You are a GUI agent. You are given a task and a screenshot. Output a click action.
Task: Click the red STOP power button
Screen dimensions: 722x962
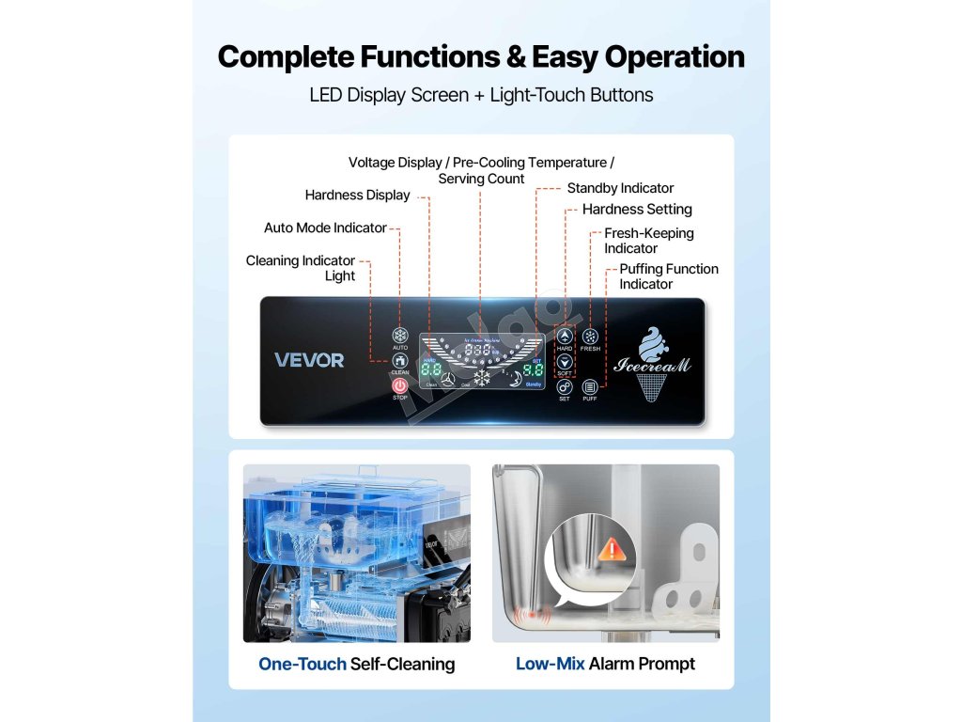(x=399, y=385)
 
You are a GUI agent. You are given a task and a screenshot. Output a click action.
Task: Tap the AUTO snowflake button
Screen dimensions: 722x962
(x=400, y=336)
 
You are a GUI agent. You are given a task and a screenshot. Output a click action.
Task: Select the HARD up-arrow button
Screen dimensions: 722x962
(x=565, y=336)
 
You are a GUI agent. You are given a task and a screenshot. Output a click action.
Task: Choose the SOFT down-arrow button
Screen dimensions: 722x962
(x=565, y=361)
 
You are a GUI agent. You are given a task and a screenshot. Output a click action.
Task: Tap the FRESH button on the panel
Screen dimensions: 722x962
(x=590, y=336)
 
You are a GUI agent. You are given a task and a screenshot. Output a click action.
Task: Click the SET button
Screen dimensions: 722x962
(x=565, y=386)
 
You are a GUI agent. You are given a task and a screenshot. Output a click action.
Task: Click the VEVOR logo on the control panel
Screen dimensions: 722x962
(x=309, y=360)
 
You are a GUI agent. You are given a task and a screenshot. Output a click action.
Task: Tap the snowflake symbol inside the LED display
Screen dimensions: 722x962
(x=482, y=378)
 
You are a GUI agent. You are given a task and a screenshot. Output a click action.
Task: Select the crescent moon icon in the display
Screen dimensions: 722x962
(x=516, y=379)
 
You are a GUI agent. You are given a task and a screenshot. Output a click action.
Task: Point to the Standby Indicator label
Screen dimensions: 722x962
(x=620, y=188)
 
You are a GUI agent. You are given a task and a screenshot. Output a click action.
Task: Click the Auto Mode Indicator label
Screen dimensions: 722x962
(x=325, y=228)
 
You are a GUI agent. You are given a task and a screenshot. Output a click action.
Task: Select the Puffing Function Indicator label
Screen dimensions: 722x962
(x=668, y=276)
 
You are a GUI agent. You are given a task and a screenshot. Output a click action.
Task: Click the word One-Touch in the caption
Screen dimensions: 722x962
(x=302, y=664)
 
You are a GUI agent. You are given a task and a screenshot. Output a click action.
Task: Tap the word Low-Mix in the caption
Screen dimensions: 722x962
(x=550, y=664)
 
